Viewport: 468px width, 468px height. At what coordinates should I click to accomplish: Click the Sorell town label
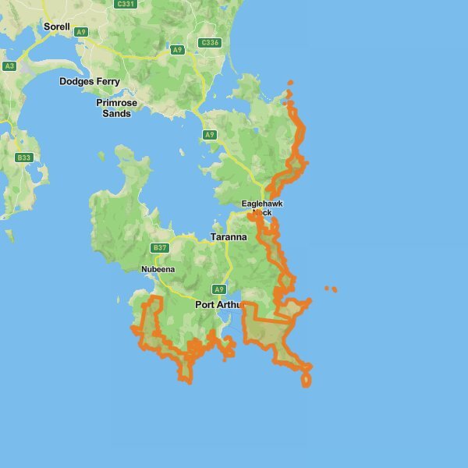click(56, 27)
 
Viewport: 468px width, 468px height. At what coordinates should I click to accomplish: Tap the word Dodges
click(76, 81)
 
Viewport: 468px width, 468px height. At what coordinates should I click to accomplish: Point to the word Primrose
click(117, 102)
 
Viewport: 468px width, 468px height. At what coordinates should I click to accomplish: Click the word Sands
click(117, 113)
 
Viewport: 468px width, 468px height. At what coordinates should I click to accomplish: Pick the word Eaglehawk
click(262, 204)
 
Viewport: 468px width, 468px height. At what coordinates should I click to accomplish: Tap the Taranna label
click(229, 236)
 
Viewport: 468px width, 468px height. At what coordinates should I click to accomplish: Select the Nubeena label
click(158, 270)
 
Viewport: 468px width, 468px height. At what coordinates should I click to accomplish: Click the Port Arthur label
click(219, 304)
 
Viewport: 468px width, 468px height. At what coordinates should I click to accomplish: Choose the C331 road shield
click(125, 4)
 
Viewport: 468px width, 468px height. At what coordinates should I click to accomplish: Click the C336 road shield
click(209, 43)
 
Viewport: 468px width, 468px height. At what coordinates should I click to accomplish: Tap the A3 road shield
click(9, 66)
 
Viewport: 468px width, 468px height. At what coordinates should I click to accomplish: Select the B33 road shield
click(24, 158)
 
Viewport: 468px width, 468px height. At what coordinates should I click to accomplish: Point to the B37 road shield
click(159, 248)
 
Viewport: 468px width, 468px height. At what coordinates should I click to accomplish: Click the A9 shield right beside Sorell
click(81, 32)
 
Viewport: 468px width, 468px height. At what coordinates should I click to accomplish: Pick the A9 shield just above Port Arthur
click(219, 289)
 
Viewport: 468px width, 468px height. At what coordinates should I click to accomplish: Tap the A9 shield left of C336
click(178, 50)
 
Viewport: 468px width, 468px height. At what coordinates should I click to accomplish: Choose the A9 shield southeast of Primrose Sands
click(209, 135)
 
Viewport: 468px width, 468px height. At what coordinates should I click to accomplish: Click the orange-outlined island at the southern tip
click(306, 380)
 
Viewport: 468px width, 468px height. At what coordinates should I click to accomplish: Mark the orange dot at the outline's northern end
click(290, 83)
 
